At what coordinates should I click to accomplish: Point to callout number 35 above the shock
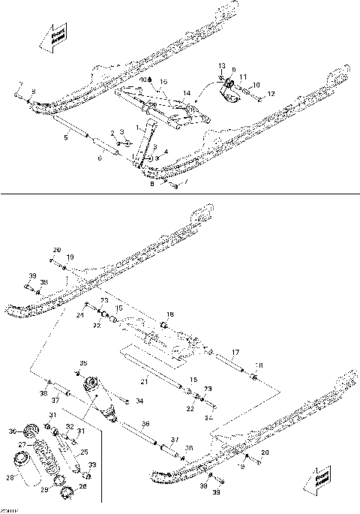[83, 363]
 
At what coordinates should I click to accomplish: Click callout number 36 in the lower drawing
[145, 424]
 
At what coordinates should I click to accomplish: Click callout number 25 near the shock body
[84, 452]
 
